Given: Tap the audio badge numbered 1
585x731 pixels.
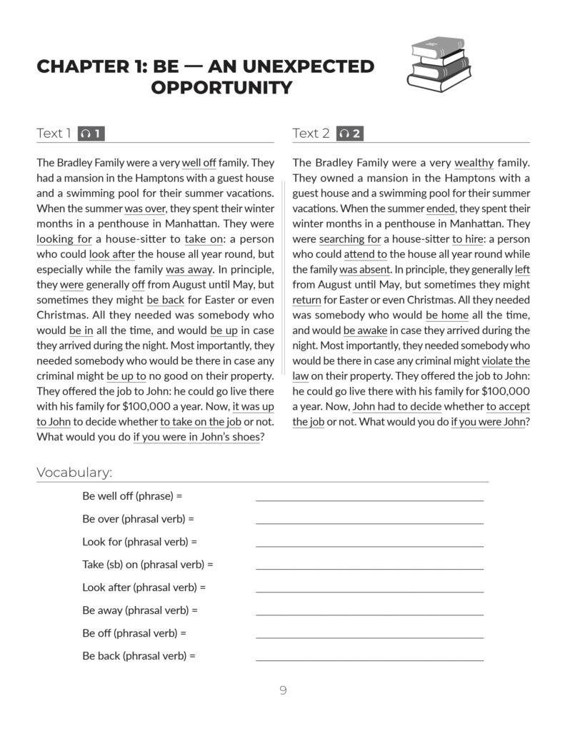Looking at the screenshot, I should (x=91, y=133).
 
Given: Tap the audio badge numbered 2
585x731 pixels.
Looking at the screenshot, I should (x=351, y=133).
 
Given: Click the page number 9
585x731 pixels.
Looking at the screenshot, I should (x=283, y=690).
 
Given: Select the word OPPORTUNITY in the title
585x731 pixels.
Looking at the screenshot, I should (x=221, y=88).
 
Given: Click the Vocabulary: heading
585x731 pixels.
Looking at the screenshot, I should (x=74, y=472).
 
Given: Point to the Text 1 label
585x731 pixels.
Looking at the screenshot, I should (x=54, y=133).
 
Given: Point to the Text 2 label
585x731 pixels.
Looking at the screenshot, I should (x=311, y=133).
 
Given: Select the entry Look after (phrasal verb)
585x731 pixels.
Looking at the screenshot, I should (x=144, y=588).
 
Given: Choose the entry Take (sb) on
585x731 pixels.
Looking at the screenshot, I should (x=147, y=565).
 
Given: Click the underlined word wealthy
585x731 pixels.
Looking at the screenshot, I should (x=474, y=163).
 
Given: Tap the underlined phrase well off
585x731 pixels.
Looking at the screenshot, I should (x=199, y=163).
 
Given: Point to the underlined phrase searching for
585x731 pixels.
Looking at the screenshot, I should (x=350, y=239).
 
